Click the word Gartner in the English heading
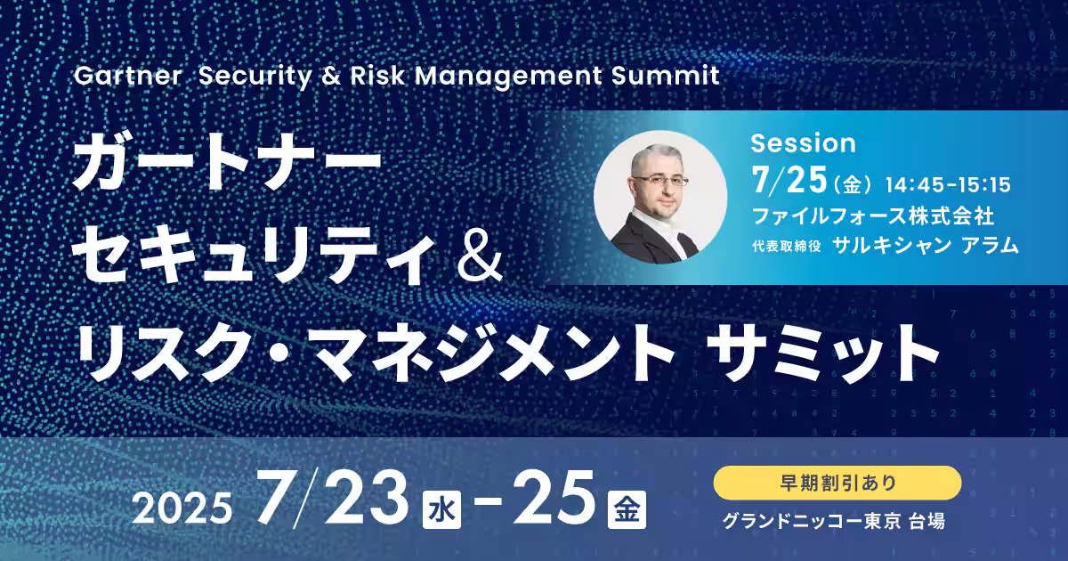[x=128, y=76]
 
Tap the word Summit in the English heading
[x=665, y=76]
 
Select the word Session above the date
[x=804, y=143]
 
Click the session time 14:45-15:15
[x=948, y=184]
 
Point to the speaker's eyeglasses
[x=661, y=181]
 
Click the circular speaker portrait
[x=660, y=197]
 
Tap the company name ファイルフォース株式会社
[x=873, y=215]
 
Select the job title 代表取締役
[x=787, y=246]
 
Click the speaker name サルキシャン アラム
[x=926, y=245]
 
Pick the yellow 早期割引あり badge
[x=837, y=483]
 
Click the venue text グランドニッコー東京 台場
[x=833, y=521]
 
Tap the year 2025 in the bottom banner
[x=182, y=508]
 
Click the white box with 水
[x=441, y=509]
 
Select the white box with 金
[x=627, y=509]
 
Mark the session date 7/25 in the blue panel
[x=789, y=180]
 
